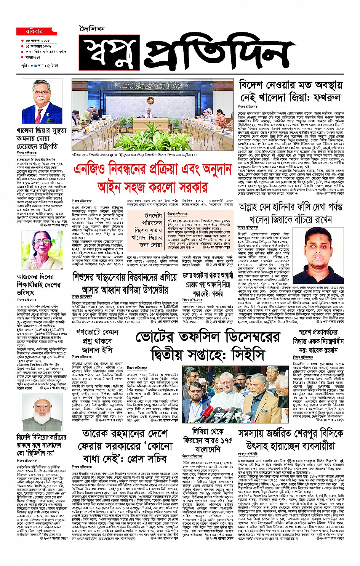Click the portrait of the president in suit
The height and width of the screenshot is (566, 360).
click(42, 101)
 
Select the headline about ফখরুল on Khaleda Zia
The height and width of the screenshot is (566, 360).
click(290, 91)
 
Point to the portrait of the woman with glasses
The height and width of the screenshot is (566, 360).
click(42, 250)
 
